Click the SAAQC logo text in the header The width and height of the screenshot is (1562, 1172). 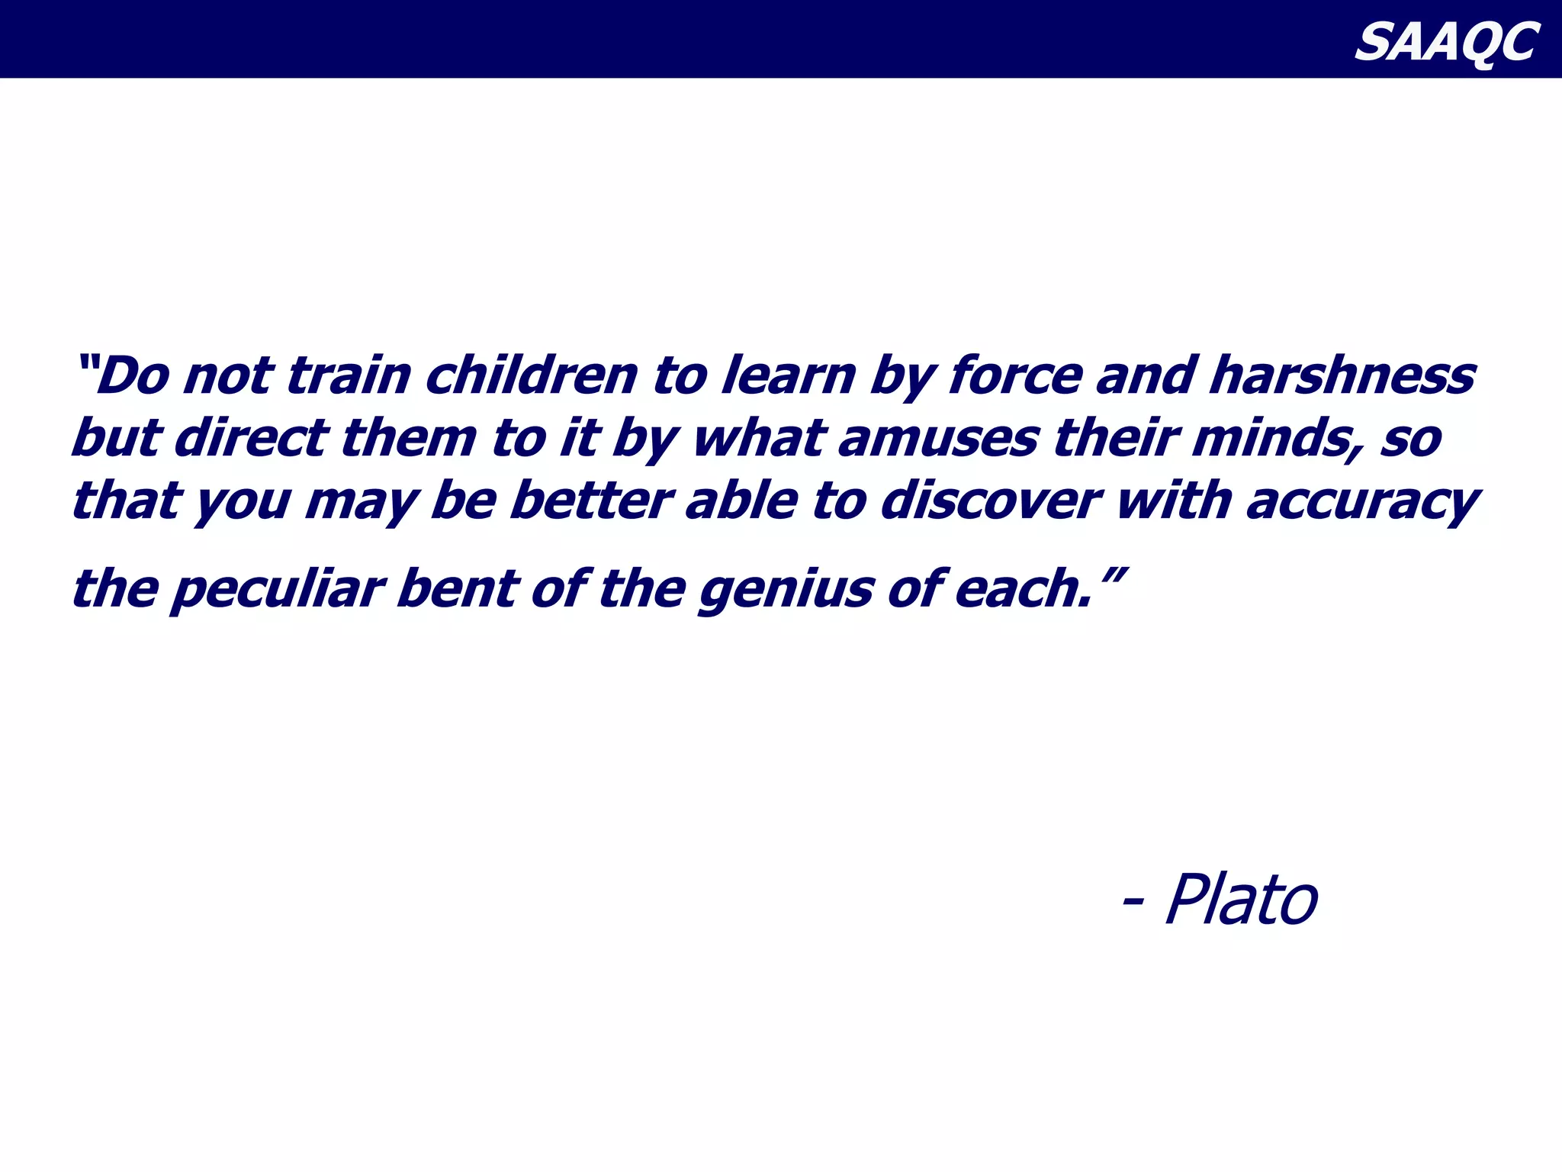(x=1446, y=42)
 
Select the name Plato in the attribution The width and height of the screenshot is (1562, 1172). (x=1242, y=900)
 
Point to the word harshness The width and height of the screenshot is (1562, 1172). (x=1342, y=375)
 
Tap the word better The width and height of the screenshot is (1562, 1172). (x=590, y=501)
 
